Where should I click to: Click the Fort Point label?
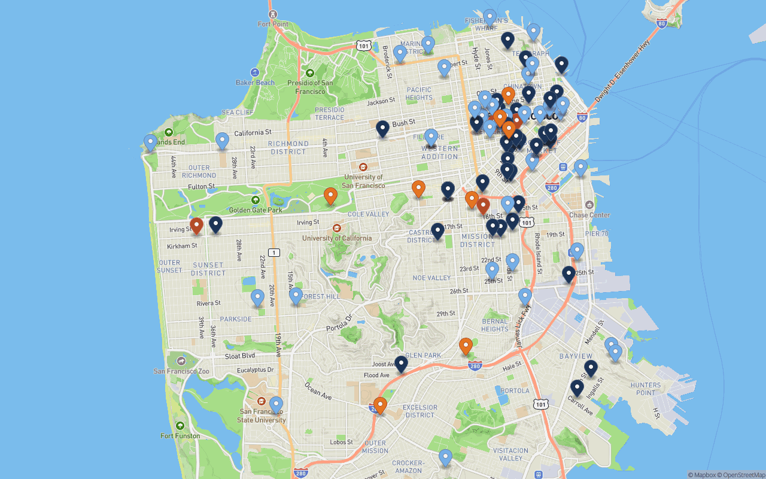pyautogui.click(x=273, y=24)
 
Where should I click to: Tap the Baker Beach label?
pyautogui.click(x=255, y=83)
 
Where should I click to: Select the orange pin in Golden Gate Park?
pyautogui.click(x=330, y=196)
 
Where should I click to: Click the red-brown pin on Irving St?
pyautogui.click(x=196, y=226)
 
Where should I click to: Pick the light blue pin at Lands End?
pyautogui.click(x=150, y=143)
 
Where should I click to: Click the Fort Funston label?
pyautogui.click(x=180, y=436)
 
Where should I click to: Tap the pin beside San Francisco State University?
pyautogui.click(x=276, y=405)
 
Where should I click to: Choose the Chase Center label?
pyautogui.click(x=589, y=215)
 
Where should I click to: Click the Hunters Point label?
pyautogui.click(x=646, y=389)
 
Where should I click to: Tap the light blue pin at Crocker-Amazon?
pyautogui.click(x=445, y=457)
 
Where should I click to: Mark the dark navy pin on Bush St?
pyautogui.click(x=382, y=129)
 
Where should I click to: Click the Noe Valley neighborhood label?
pyautogui.click(x=431, y=278)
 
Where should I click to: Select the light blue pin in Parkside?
pyautogui.click(x=257, y=298)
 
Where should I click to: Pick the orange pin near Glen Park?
pyautogui.click(x=466, y=346)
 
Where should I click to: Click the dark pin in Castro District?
pyautogui.click(x=438, y=231)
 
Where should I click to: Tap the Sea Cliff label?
pyautogui.click(x=237, y=113)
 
